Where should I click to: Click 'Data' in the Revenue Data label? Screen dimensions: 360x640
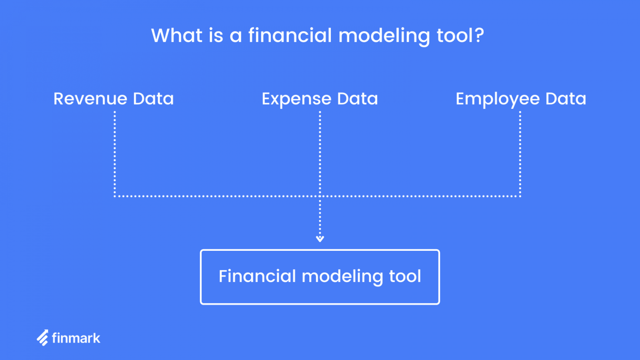click(x=153, y=99)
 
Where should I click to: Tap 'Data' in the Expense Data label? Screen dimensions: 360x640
click(x=357, y=99)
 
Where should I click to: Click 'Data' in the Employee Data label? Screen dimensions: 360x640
click(x=565, y=99)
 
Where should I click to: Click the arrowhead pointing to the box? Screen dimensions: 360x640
click(x=320, y=239)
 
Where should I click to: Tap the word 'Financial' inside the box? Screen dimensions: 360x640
click(x=257, y=276)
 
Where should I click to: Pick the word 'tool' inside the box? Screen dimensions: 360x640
click(x=405, y=276)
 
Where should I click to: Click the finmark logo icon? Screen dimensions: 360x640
click(x=42, y=338)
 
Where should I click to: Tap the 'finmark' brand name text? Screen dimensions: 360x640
click(x=76, y=338)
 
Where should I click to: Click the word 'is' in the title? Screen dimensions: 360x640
click(x=216, y=35)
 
